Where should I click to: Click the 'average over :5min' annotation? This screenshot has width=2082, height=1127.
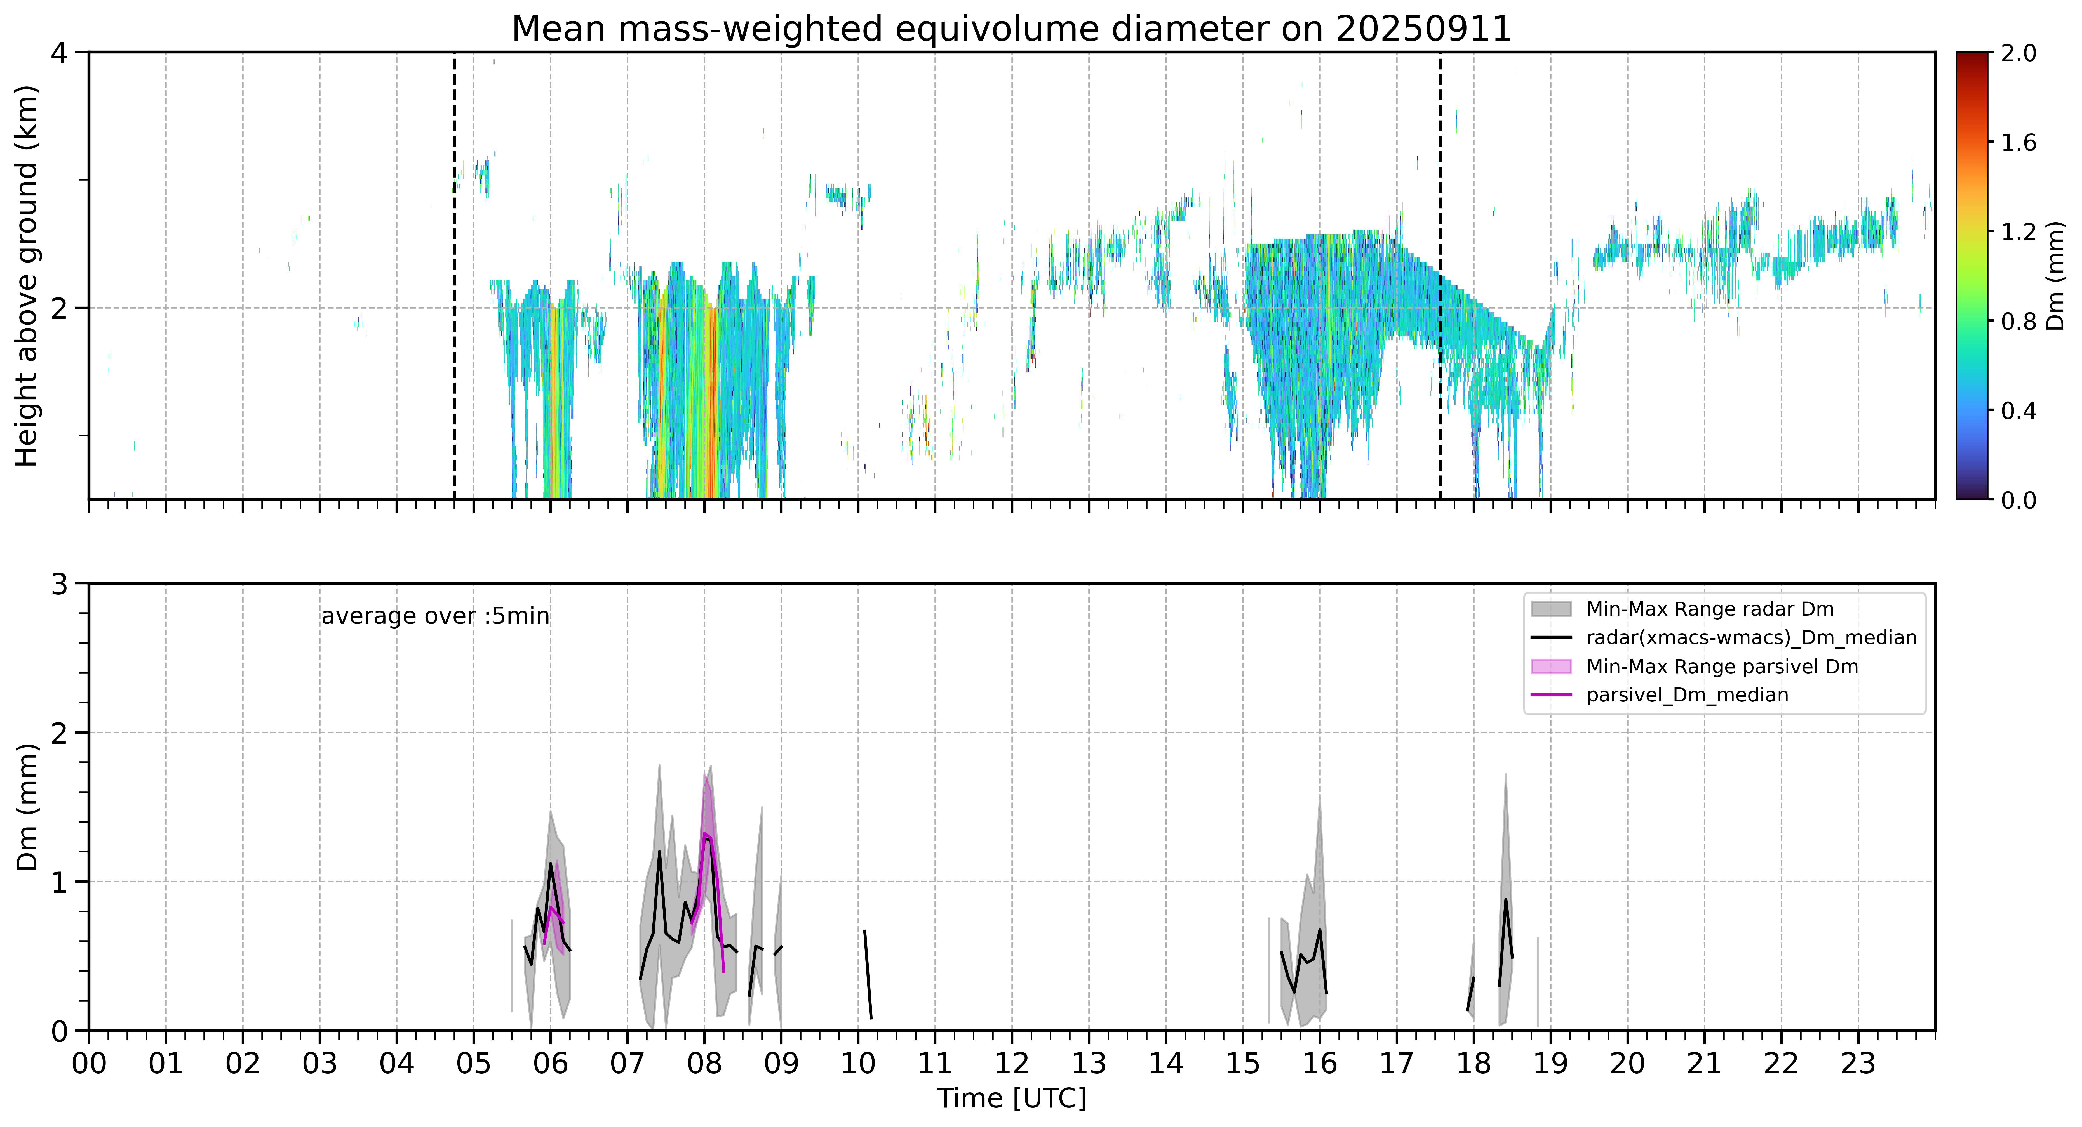click(435, 616)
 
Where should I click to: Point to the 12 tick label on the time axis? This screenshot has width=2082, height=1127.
click(1012, 1064)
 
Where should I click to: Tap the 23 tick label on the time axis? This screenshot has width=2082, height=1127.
click(1858, 1064)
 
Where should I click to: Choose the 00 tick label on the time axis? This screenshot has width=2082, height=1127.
click(89, 1064)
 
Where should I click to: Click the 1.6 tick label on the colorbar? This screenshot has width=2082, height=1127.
click(2018, 142)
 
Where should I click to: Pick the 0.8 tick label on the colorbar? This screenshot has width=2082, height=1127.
click(2018, 322)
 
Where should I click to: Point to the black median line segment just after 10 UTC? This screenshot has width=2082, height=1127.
click(868, 974)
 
